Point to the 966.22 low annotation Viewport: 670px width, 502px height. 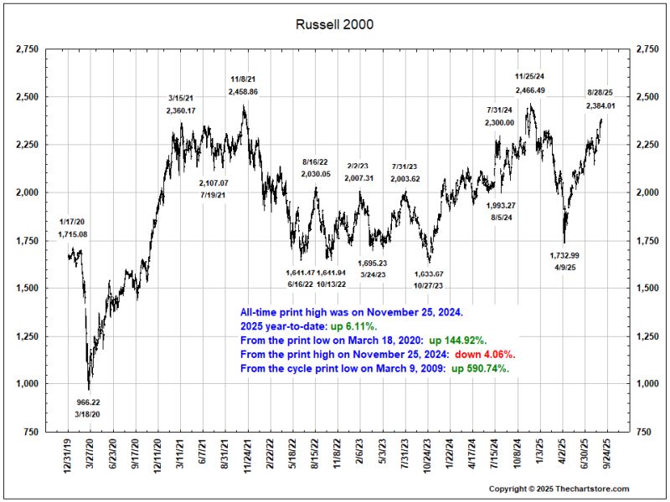point(89,402)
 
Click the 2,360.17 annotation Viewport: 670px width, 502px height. point(181,110)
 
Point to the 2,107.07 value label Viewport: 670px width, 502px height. point(219,182)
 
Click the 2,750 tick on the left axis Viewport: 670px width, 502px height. point(27,50)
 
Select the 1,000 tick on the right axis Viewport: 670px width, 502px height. point(648,384)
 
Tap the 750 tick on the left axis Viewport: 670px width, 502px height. point(31,432)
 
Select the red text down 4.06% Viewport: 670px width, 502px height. point(491,354)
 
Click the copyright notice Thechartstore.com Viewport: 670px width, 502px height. point(559,489)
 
